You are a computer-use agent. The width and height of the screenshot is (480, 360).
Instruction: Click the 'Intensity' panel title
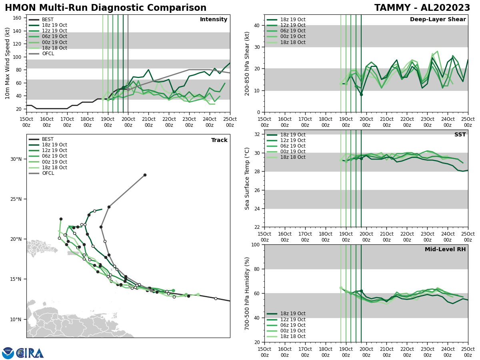[213, 20]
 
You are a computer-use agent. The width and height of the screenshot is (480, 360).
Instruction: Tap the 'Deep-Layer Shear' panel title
[438, 20]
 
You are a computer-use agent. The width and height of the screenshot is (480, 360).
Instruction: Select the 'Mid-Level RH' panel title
[445, 250]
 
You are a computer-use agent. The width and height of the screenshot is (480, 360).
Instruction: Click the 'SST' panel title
[460, 135]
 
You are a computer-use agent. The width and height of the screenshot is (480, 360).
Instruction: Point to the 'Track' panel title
[219, 140]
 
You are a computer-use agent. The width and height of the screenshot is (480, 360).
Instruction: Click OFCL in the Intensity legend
[48, 54]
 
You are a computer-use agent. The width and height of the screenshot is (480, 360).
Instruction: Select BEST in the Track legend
[48, 139]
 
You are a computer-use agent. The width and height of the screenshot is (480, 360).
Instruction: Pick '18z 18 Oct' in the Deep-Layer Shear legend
[292, 42]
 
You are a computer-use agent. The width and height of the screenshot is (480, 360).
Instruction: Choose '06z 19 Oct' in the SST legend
[292, 146]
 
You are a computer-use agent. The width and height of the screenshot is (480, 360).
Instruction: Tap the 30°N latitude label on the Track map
[16, 159]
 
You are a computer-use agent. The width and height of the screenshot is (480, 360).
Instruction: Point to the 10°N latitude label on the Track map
[16, 319]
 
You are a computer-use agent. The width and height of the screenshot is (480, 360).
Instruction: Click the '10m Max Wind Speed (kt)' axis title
[8, 63]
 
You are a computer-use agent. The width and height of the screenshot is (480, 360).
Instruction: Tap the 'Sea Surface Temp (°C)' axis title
[247, 178]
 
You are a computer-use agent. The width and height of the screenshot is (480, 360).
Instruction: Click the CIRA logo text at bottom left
[30, 353]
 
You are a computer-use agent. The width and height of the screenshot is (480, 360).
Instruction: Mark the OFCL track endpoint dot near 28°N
[145, 175]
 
